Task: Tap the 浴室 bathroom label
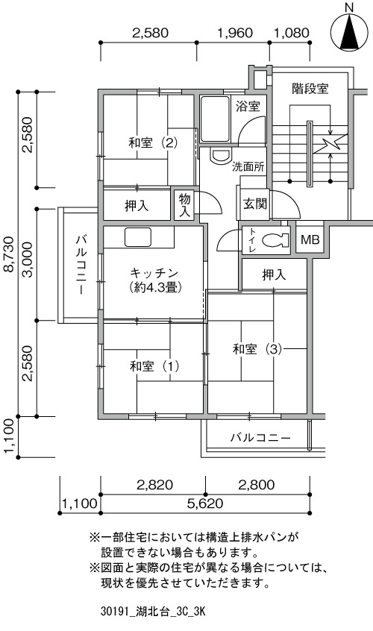(x=248, y=107)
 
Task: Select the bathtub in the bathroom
(x=215, y=119)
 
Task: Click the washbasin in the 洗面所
(x=221, y=156)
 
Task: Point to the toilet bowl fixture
(x=275, y=240)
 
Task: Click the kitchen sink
(x=137, y=237)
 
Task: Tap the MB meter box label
(x=310, y=240)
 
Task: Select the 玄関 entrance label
(x=255, y=204)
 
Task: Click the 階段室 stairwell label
(x=310, y=89)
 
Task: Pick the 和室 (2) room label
(x=153, y=142)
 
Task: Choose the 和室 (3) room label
(x=257, y=349)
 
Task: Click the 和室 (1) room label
(x=154, y=366)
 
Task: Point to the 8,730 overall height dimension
(x=9, y=254)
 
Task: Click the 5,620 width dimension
(x=205, y=503)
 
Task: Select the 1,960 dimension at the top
(x=235, y=33)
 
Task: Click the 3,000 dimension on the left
(x=28, y=266)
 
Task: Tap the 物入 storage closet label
(x=184, y=205)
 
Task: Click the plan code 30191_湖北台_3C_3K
(x=153, y=612)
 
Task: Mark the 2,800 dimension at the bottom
(x=257, y=485)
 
